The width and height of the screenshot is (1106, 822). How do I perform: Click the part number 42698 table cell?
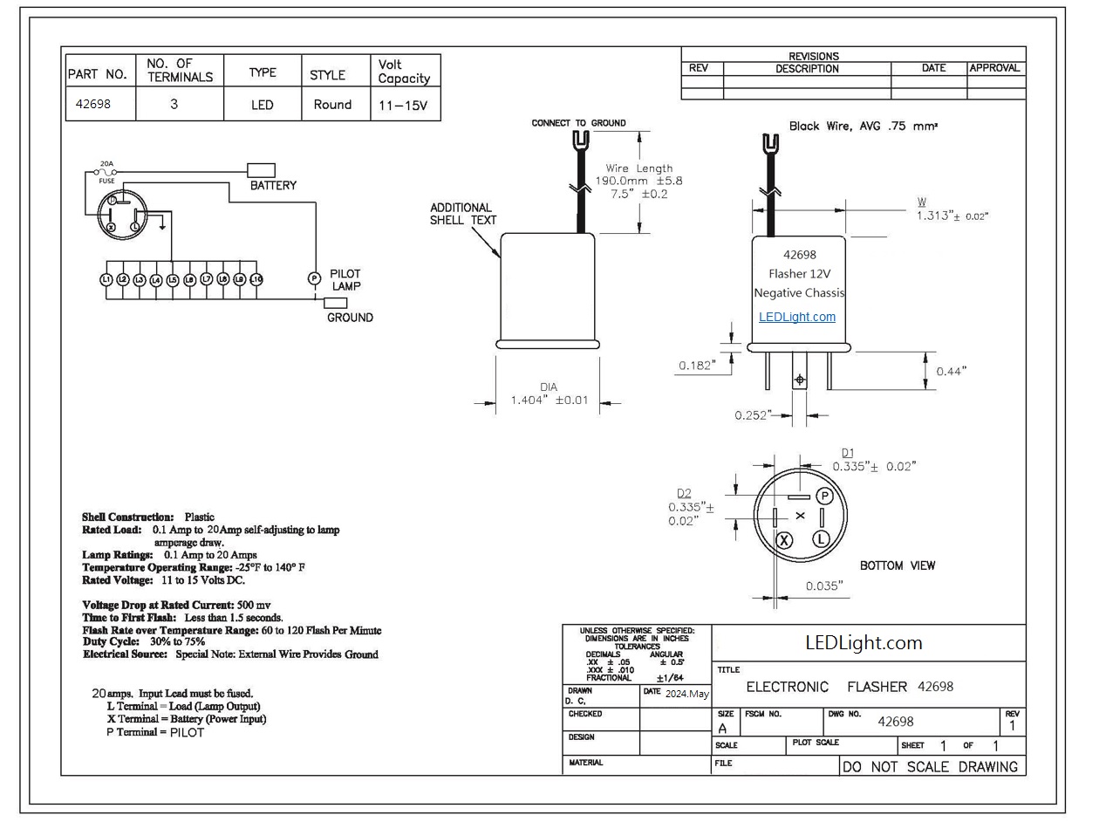tap(100, 104)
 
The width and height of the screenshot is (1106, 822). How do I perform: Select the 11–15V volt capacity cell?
tap(406, 104)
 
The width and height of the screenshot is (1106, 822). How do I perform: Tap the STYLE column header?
tap(327, 75)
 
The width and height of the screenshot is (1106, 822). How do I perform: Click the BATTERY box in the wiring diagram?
tap(261, 170)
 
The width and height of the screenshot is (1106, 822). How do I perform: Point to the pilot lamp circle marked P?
tap(314, 278)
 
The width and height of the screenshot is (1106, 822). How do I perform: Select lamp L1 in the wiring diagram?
tap(106, 279)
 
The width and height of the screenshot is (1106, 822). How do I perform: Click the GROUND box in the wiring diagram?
tap(335, 303)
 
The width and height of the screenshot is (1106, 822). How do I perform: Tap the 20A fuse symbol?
tap(106, 172)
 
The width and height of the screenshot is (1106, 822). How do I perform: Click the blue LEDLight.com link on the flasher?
tap(797, 317)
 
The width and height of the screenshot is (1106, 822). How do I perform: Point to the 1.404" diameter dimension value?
tap(549, 400)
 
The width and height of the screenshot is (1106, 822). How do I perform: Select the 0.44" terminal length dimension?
tap(951, 371)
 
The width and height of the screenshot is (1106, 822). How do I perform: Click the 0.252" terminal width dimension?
tap(753, 414)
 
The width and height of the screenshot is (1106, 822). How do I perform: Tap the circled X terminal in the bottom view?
tap(784, 539)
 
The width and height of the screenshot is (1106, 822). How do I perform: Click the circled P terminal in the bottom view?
tap(824, 497)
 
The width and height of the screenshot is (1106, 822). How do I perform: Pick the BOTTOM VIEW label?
tap(897, 565)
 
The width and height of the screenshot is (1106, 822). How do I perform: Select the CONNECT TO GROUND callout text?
tap(578, 123)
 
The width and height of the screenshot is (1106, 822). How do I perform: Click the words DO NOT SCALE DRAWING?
tap(930, 766)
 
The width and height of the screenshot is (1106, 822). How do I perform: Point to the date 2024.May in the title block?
tap(686, 693)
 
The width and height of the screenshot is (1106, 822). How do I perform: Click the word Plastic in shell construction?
tap(199, 517)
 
